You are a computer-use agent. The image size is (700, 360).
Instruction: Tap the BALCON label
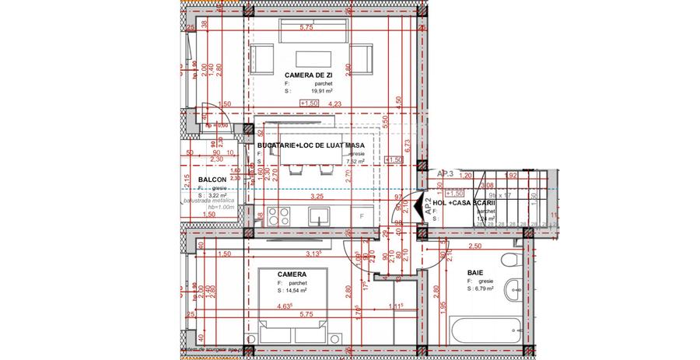point(191,180)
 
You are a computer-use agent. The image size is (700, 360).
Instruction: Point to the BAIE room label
point(474,273)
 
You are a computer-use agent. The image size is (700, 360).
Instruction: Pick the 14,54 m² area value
point(293,292)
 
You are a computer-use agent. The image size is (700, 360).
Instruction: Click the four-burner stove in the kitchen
point(278,215)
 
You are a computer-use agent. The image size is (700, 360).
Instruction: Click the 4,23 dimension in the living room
point(334,103)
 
